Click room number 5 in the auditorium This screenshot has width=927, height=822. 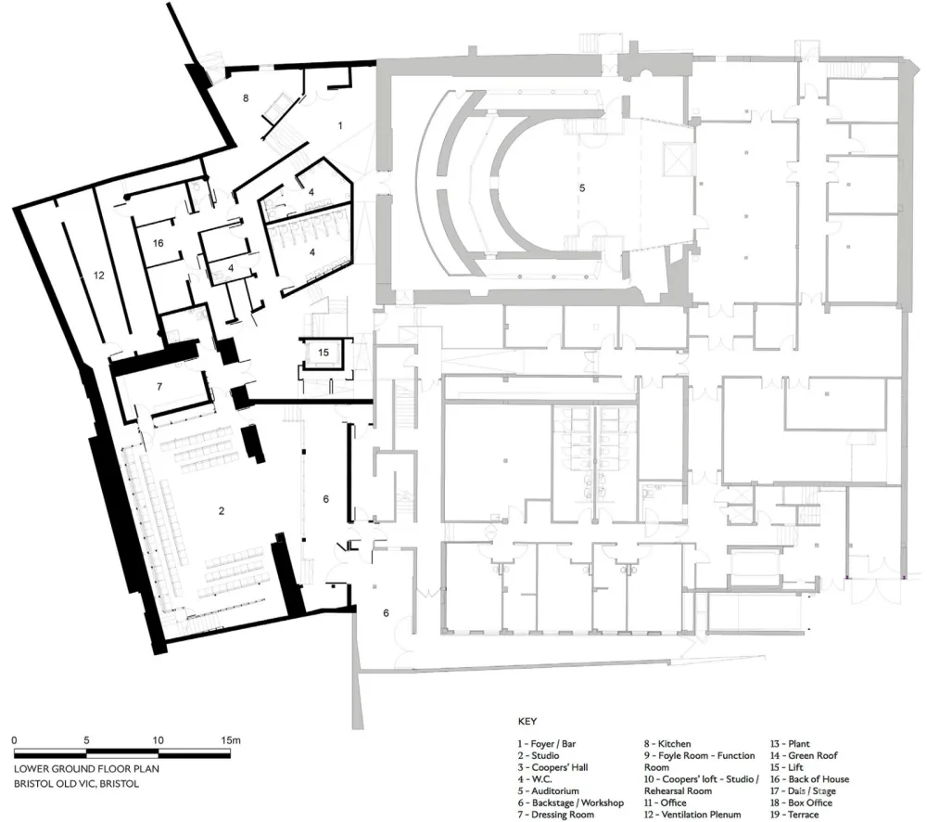click(x=581, y=187)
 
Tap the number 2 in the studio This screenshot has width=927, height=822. click(x=222, y=510)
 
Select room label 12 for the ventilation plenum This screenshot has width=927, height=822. click(x=98, y=276)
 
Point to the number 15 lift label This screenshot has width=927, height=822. click(x=323, y=353)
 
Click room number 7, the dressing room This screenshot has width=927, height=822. click(x=159, y=385)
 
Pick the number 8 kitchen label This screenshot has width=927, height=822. click(x=246, y=97)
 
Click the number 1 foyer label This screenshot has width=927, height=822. click(x=340, y=123)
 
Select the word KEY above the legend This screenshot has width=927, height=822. click(x=527, y=720)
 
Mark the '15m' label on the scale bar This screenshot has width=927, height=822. click(x=230, y=740)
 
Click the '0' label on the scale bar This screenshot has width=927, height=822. click(x=15, y=740)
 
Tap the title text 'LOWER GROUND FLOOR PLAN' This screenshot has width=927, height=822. click(x=78, y=769)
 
